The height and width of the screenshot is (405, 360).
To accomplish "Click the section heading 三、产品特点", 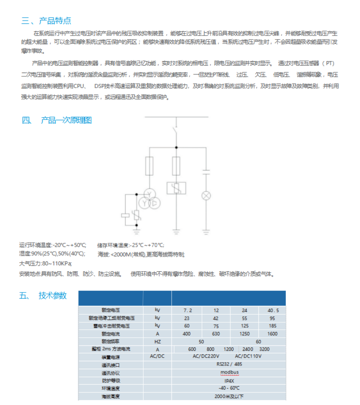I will (x=46, y=21).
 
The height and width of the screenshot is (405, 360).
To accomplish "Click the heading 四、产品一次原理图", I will (x=57, y=120).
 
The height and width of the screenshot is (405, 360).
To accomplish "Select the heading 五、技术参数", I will (x=43, y=296).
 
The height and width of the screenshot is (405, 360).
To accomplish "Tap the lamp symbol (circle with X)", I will (x=206, y=196).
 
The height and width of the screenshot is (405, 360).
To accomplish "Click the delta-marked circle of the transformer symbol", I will (x=155, y=203).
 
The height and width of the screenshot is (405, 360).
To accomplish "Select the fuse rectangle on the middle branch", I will (x=176, y=166).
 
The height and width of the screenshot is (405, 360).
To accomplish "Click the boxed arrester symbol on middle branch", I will (x=176, y=188).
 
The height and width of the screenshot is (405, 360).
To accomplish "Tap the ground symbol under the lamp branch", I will (x=206, y=231).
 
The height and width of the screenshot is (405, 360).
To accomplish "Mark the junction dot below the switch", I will (x=176, y=147).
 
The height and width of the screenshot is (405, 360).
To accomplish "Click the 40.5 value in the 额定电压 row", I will (x=273, y=310).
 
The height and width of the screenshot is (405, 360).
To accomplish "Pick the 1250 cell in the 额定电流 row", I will (x=244, y=334).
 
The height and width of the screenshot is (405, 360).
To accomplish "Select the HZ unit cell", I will (x=157, y=342).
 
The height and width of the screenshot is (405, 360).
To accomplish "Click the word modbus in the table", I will (x=229, y=372).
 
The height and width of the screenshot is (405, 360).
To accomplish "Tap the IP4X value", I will (x=229, y=381).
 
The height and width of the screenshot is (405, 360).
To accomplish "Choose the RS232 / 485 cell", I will (x=229, y=364).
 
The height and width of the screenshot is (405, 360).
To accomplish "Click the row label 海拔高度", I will (x=111, y=396).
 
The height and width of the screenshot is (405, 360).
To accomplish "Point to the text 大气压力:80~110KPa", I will (x=46, y=264).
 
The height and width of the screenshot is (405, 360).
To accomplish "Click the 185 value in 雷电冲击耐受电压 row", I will (x=273, y=326).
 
